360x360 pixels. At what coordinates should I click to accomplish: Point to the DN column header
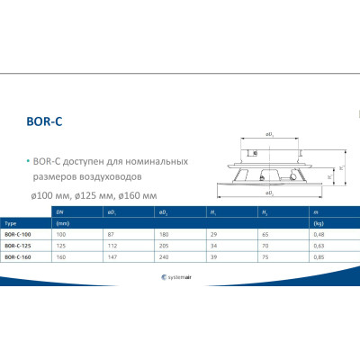tap(60, 211)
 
